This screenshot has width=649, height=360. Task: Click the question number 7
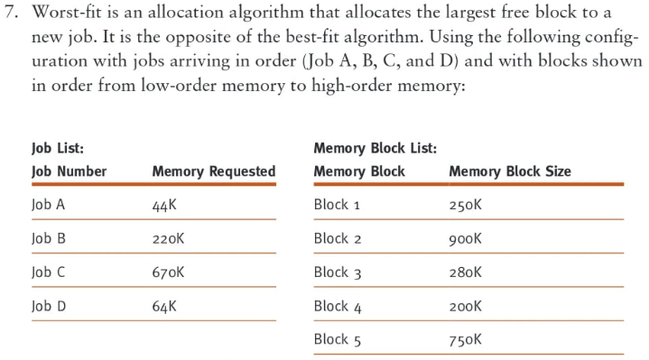click(x=11, y=13)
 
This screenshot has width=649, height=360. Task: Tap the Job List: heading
click(x=58, y=148)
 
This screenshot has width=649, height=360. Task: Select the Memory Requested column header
click(x=214, y=171)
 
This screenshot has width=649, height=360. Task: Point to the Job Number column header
click(x=70, y=171)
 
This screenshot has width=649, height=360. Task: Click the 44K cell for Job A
click(x=164, y=205)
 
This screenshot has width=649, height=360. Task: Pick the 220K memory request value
click(x=168, y=239)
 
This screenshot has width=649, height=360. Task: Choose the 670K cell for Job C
click(x=168, y=272)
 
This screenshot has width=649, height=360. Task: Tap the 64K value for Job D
click(x=164, y=306)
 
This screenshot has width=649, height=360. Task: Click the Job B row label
click(x=49, y=239)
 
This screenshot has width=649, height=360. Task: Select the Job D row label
click(x=49, y=306)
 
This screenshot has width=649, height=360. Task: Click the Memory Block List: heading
click(x=375, y=148)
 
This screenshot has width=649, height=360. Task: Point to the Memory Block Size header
click(x=510, y=171)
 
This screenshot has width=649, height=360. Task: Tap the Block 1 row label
click(x=337, y=205)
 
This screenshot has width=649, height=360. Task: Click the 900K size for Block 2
click(x=466, y=239)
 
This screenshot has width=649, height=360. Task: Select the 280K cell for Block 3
click(x=466, y=272)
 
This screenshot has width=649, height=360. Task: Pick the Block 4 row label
click(x=338, y=307)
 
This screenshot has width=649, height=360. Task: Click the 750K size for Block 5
click(x=466, y=340)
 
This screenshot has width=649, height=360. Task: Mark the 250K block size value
click(x=466, y=205)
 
